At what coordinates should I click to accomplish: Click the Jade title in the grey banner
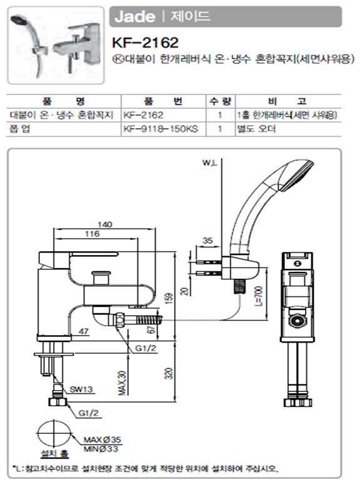tap(134, 16)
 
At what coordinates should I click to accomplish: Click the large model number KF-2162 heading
tap(145, 43)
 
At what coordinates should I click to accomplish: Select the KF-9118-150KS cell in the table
tap(161, 129)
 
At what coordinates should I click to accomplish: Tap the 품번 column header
tap(164, 101)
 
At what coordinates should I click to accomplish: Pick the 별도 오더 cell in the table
tap(256, 129)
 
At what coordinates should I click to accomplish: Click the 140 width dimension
tap(105, 224)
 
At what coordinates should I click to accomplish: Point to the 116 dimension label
tap(92, 234)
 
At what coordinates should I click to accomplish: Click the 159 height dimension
tap(169, 298)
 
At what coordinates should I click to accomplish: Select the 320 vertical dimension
tap(169, 373)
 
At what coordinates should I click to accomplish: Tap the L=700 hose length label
tap(259, 296)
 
